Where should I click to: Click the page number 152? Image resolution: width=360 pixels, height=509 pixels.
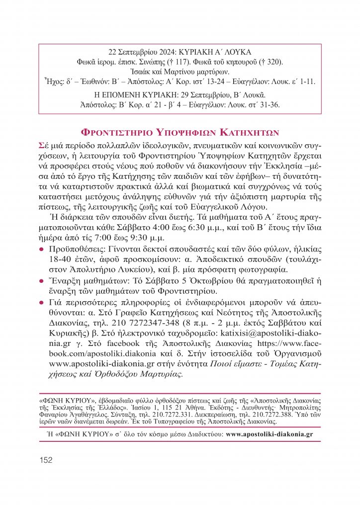click(x=45, y=460)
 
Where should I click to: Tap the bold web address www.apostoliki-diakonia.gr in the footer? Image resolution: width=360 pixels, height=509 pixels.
click(x=269, y=433)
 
